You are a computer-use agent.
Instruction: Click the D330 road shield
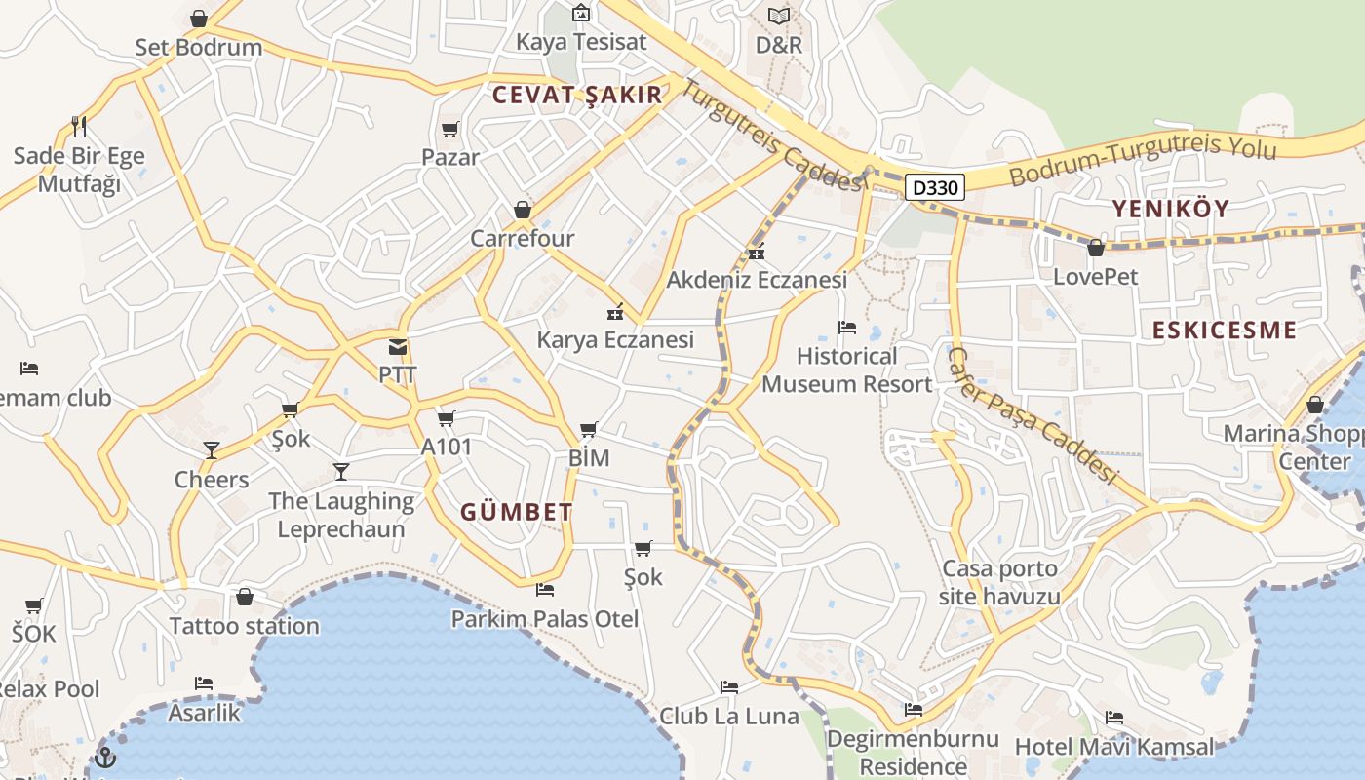tap(935, 187)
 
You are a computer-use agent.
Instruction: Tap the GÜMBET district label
tap(517, 512)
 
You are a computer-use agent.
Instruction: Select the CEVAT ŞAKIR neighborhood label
tap(577, 95)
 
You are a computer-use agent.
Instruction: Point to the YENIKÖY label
tap(1171, 208)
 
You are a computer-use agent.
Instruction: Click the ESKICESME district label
tap(1225, 330)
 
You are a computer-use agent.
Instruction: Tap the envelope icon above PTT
tap(398, 347)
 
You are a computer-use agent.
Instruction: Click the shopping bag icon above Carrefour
tap(523, 210)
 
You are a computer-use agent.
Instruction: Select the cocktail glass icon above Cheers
tap(212, 450)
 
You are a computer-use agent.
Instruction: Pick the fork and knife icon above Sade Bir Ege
tap(79, 127)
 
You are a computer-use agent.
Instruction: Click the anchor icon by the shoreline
tap(104, 757)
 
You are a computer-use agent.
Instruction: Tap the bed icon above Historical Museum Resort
tap(846, 328)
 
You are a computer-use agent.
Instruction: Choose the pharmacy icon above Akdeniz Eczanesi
tap(757, 253)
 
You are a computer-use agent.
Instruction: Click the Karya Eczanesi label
tap(615, 339)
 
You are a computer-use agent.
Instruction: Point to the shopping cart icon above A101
tap(446, 419)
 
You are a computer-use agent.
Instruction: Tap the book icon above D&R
tap(778, 17)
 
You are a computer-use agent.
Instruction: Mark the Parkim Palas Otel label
tap(544, 619)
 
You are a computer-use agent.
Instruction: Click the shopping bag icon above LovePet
tap(1096, 249)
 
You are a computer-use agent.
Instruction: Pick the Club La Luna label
tap(728, 717)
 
